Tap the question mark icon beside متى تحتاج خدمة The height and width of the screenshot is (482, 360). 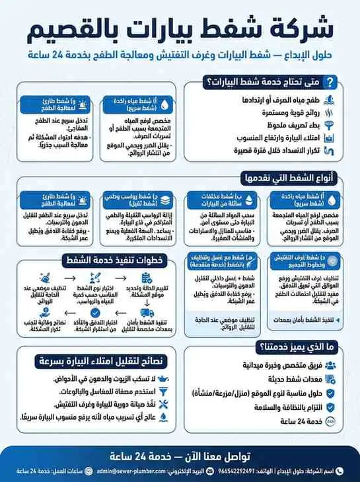click(x=332, y=82)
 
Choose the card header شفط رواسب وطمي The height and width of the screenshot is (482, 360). click(x=131, y=199)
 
